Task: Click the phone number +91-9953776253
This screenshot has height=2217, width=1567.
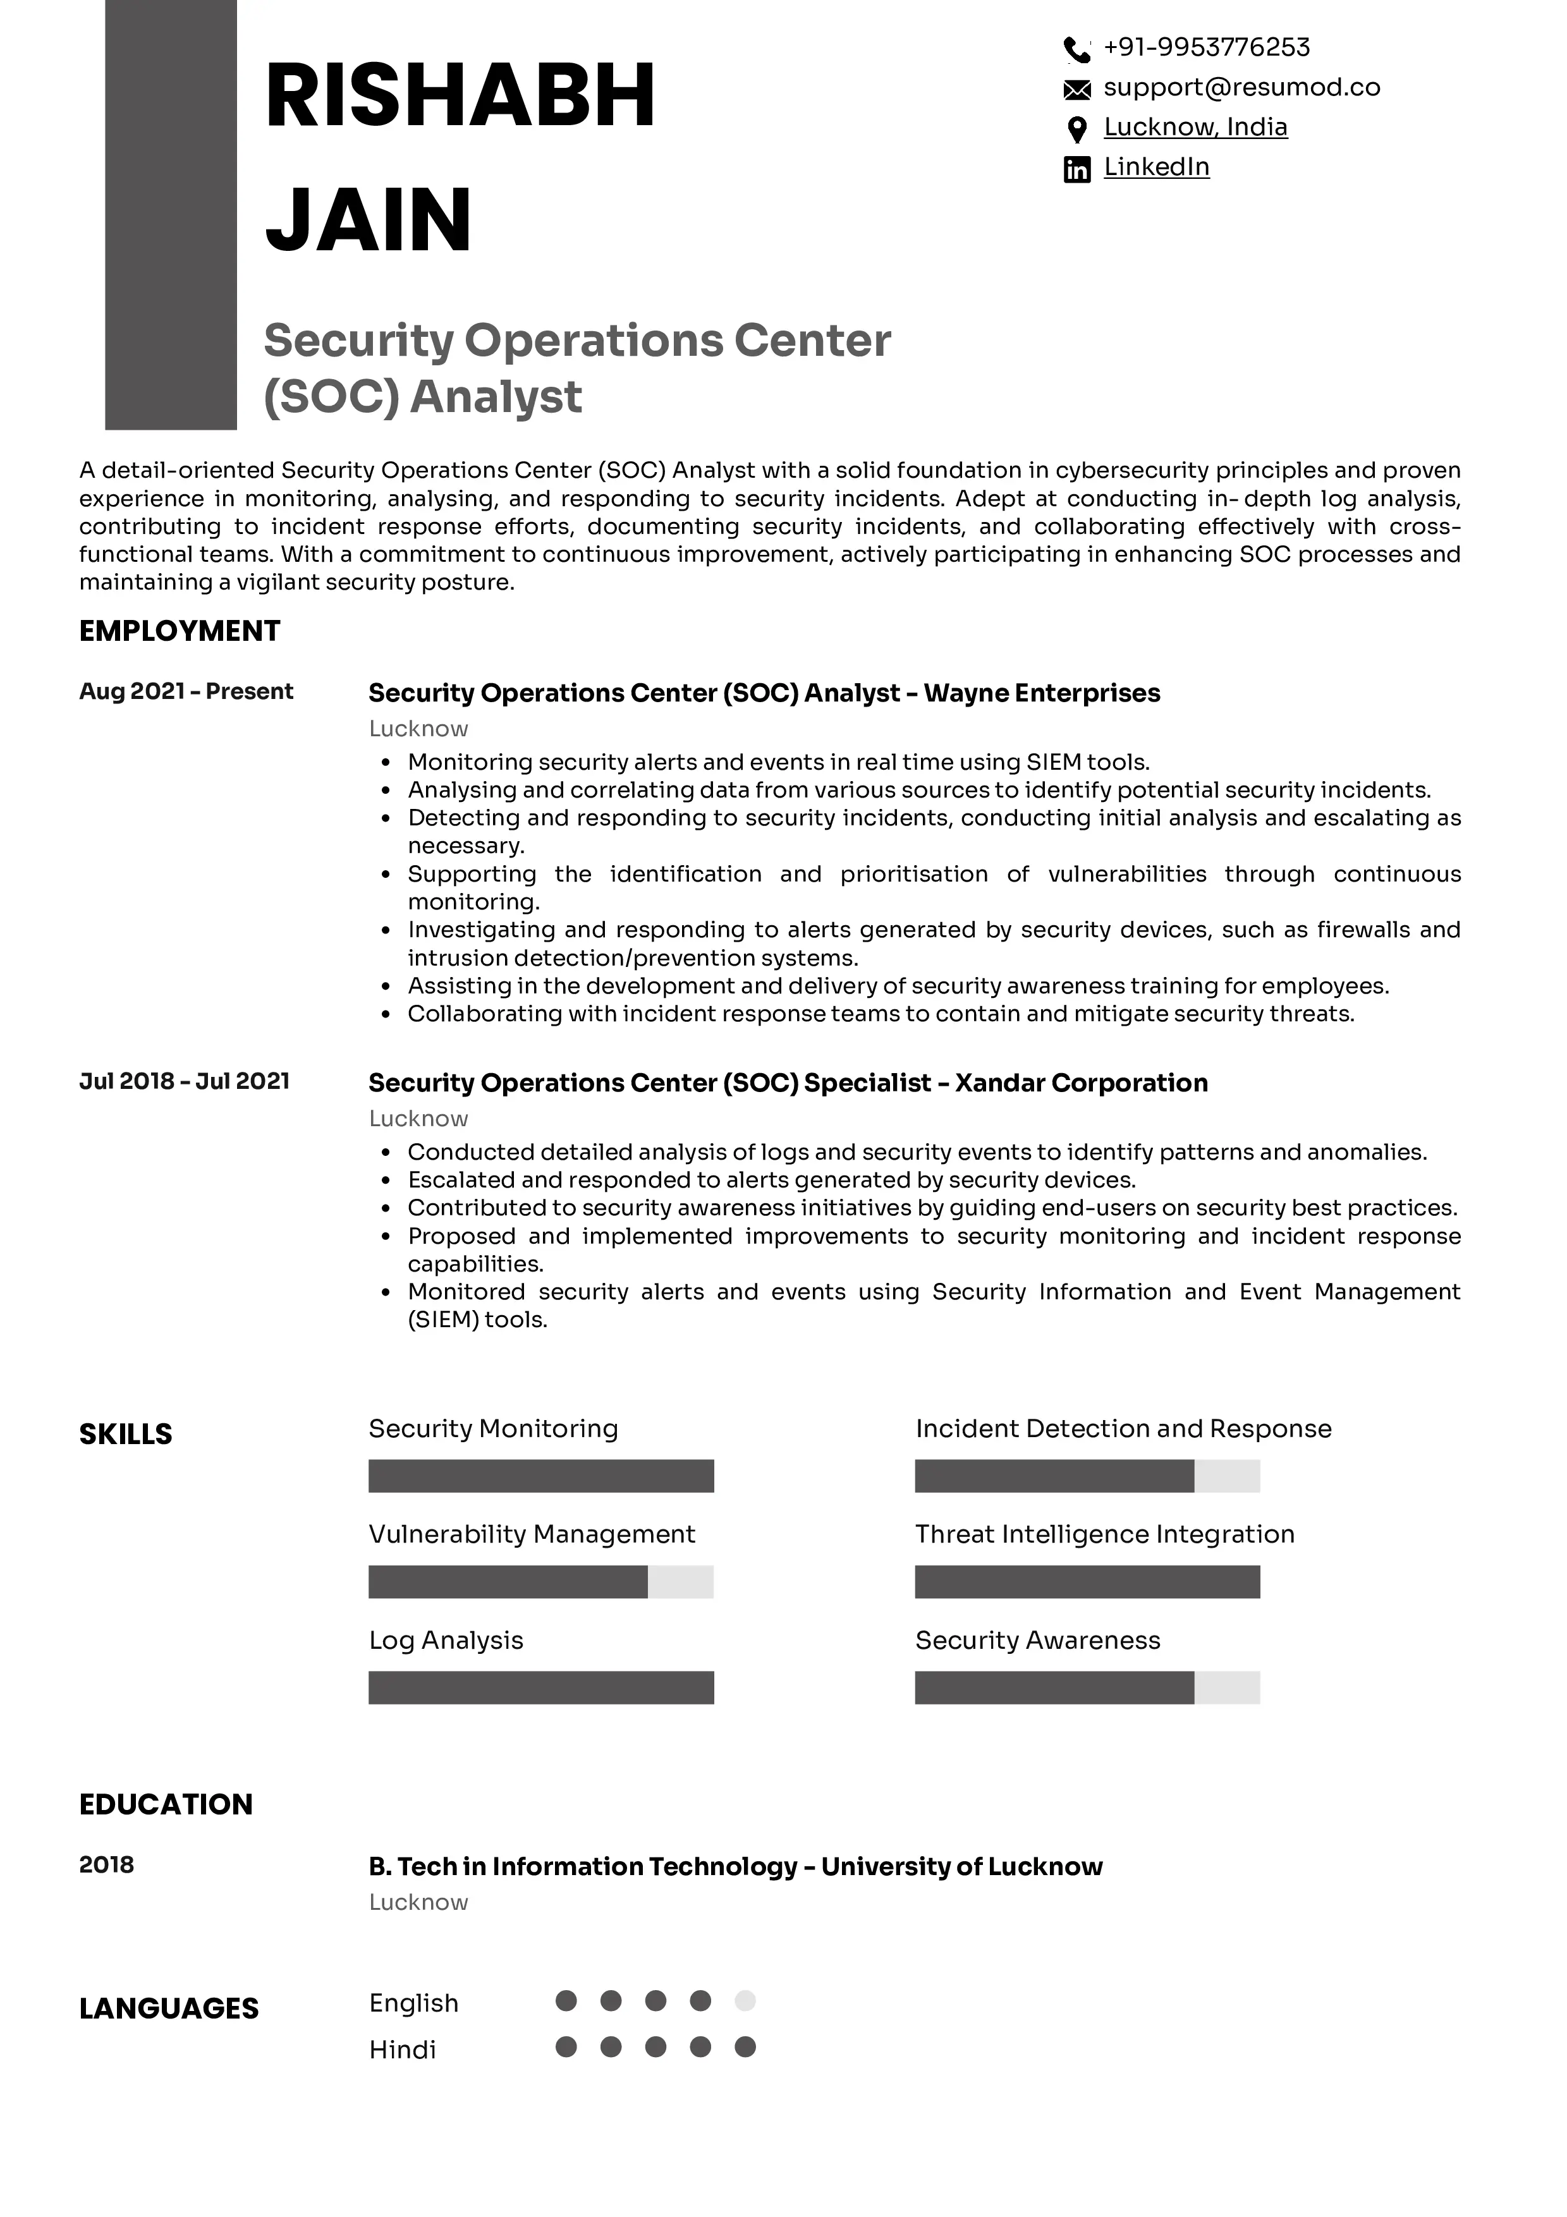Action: pyautogui.click(x=1206, y=47)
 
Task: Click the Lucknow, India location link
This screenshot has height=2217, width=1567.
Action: pyautogui.click(x=1195, y=128)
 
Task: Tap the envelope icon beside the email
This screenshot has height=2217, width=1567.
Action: pyautogui.click(x=1076, y=90)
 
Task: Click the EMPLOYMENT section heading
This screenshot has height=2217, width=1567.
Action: pyautogui.click(x=180, y=631)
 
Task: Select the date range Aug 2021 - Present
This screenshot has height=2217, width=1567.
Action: pyautogui.click(x=186, y=691)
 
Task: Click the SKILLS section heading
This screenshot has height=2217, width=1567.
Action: pyautogui.click(x=126, y=1434)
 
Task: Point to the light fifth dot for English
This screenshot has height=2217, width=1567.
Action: pyautogui.click(x=745, y=2001)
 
